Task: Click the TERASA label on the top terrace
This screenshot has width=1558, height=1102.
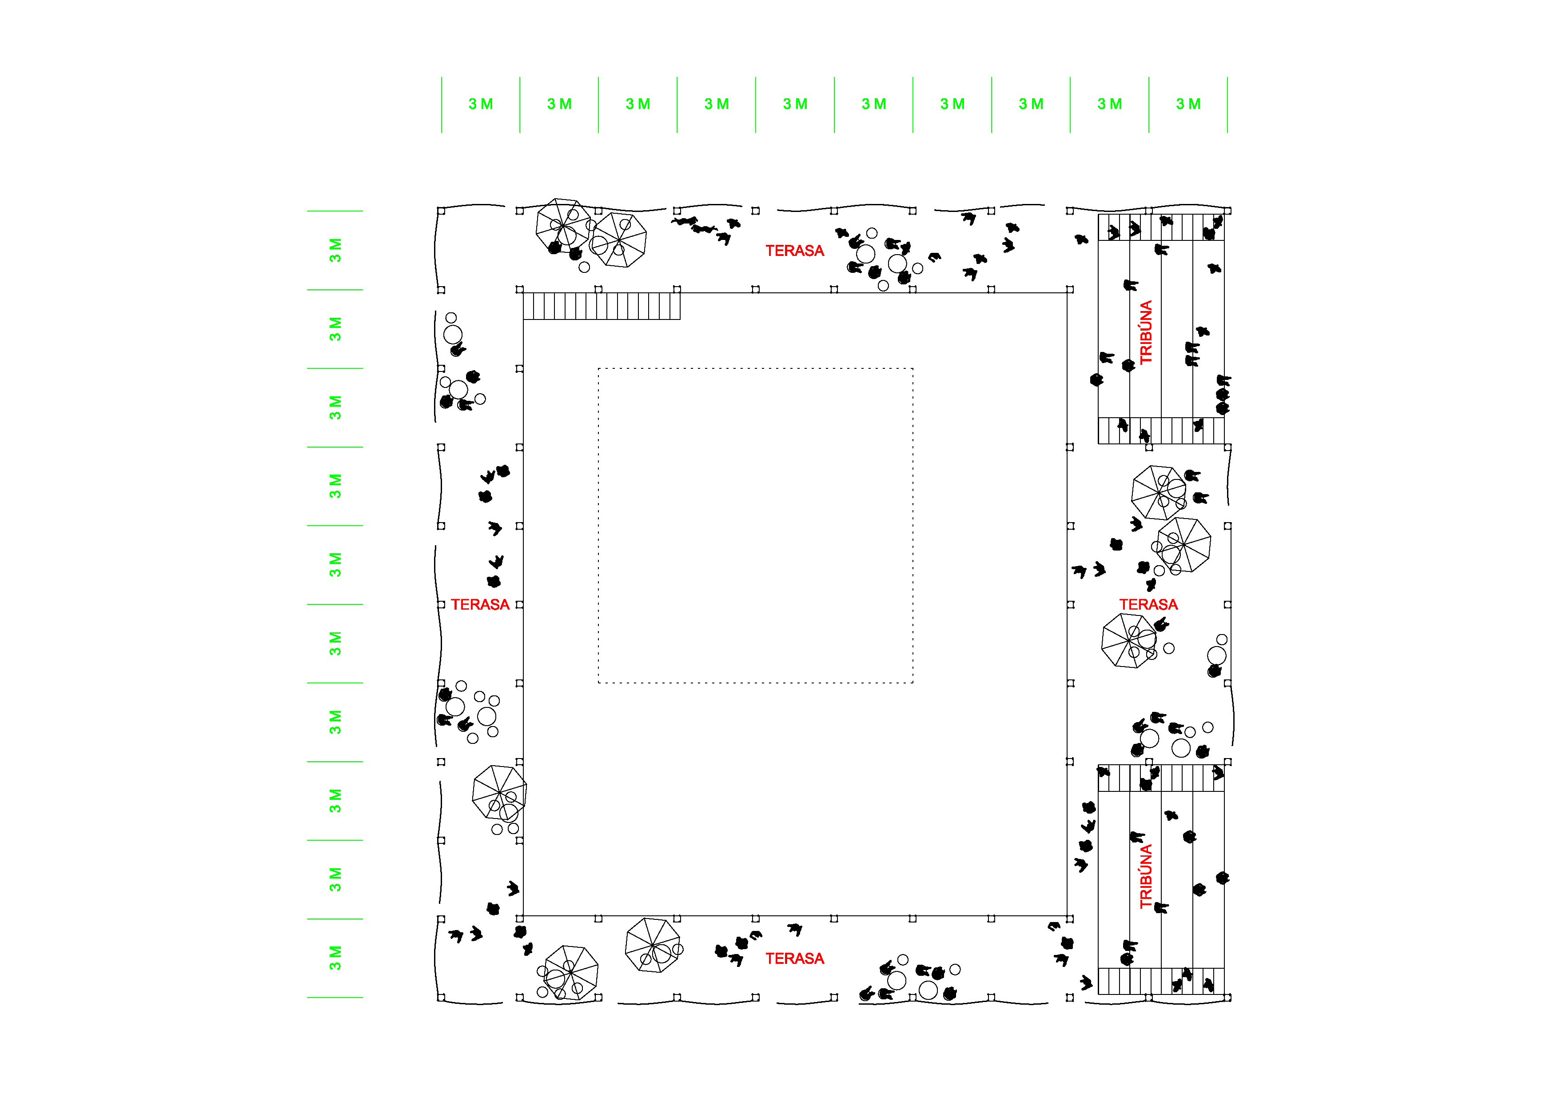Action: [x=795, y=251]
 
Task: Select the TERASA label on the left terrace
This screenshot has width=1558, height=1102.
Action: [x=480, y=605]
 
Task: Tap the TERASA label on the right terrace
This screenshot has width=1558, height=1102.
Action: [x=1148, y=605]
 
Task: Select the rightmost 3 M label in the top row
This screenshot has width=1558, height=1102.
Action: [x=1188, y=104]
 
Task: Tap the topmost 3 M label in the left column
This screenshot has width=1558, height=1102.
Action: [x=335, y=250]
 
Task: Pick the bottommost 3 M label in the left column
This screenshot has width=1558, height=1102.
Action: [x=335, y=958]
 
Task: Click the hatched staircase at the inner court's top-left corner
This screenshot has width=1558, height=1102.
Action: [x=601, y=306]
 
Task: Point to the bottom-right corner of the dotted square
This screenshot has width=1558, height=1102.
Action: [x=912, y=683]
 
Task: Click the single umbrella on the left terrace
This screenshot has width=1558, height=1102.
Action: [x=499, y=793]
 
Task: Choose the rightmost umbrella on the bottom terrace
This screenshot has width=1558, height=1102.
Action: [x=653, y=945]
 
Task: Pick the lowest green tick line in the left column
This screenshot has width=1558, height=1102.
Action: [x=335, y=998]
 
